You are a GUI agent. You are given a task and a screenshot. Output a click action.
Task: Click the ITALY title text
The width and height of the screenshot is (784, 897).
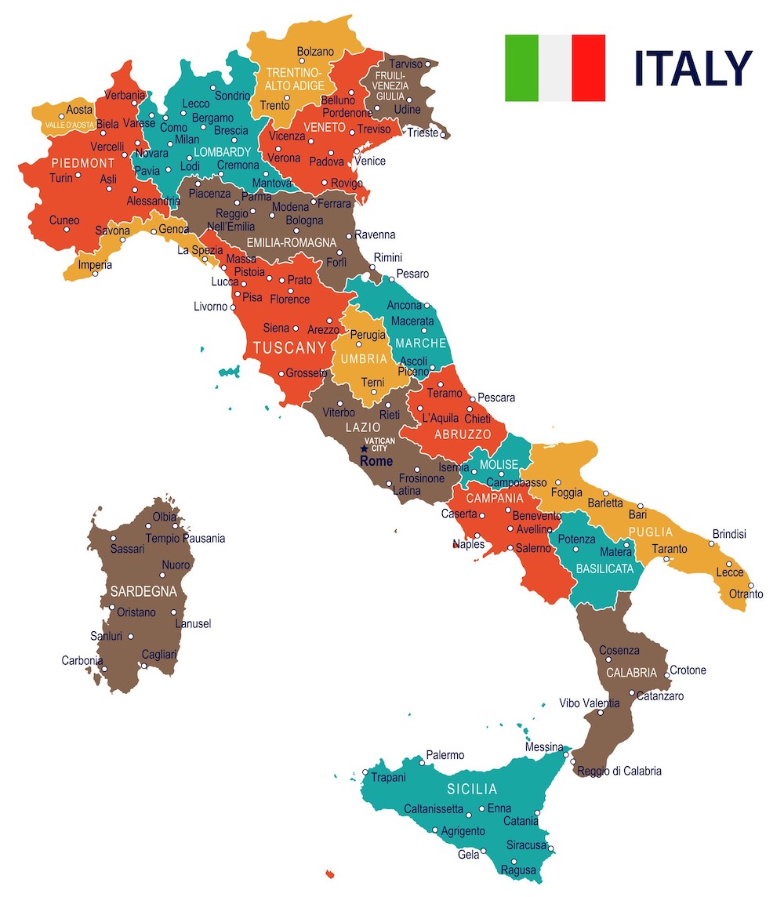click(x=692, y=69)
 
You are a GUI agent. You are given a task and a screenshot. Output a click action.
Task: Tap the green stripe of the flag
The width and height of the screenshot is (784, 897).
click(x=521, y=68)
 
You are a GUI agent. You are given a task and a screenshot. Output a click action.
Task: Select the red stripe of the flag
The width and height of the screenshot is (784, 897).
click(x=588, y=68)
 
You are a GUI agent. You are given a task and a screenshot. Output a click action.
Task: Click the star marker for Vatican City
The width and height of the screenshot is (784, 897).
click(x=364, y=448)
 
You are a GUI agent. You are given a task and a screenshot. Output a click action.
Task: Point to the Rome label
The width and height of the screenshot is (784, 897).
click(x=376, y=462)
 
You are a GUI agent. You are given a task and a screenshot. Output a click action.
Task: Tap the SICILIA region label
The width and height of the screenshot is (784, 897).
click(x=472, y=789)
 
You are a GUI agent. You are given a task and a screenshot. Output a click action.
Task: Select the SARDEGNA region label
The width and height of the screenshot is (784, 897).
click(x=143, y=591)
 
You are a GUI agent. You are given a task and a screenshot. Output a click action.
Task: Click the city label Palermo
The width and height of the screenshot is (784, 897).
click(x=445, y=755)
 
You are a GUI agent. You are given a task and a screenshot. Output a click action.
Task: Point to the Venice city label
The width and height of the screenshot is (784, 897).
click(x=370, y=161)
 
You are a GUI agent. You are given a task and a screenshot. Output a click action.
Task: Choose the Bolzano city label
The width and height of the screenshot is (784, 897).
click(x=315, y=52)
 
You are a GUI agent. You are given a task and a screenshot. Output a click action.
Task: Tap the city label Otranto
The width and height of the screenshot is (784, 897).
click(x=746, y=594)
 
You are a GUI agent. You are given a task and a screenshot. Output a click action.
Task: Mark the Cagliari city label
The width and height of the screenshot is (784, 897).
click(x=159, y=654)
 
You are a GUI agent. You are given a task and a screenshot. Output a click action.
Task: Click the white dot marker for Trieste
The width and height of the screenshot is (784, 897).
click(x=444, y=135)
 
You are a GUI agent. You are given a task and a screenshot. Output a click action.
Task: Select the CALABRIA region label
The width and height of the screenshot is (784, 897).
click(x=631, y=673)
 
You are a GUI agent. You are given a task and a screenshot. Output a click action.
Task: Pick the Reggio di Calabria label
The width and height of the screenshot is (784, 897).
click(x=619, y=771)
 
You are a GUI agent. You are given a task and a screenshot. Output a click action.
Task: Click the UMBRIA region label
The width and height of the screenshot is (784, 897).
click(x=363, y=359)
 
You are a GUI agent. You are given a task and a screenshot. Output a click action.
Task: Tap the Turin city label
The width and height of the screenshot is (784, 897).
click(x=60, y=178)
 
